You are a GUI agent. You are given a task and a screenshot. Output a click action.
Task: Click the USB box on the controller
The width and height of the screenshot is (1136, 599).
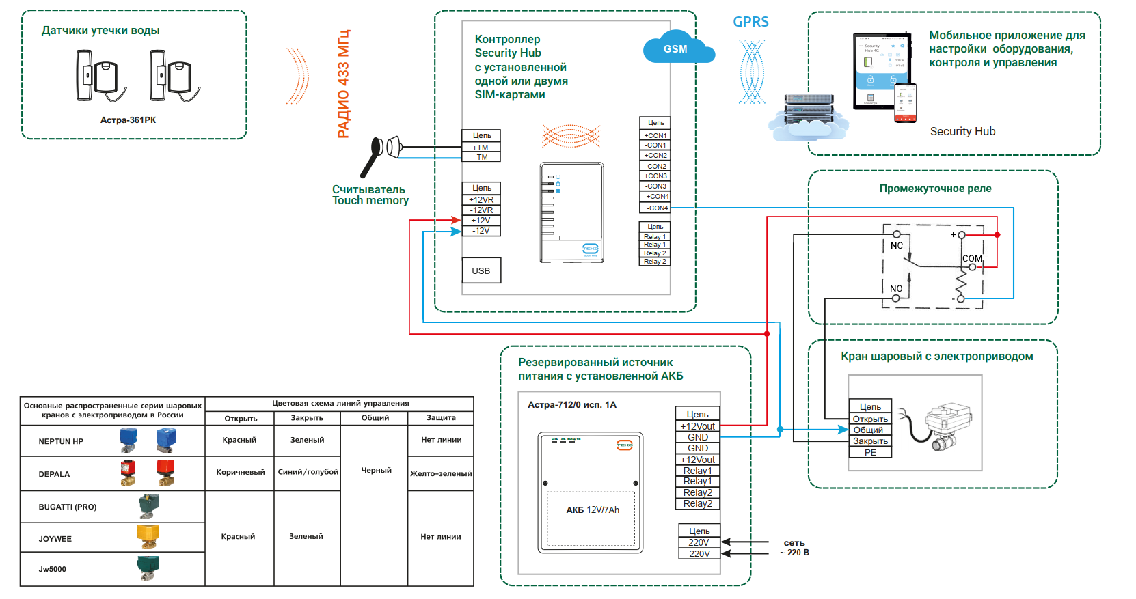coord(481,270)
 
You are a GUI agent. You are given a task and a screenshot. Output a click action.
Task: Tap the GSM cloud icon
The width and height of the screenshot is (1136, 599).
coord(677,48)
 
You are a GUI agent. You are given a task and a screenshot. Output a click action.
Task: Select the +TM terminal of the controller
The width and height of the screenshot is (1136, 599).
coord(481,148)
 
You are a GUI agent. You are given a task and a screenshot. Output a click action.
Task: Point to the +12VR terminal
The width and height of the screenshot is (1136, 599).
coord(481,200)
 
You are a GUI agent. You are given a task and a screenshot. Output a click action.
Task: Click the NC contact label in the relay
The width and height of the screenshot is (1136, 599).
coord(897,246)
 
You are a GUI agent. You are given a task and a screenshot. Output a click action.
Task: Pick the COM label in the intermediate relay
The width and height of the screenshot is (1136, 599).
coord(972,259)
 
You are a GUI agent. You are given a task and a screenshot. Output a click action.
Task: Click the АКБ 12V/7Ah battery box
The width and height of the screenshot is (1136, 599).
coord(592,510)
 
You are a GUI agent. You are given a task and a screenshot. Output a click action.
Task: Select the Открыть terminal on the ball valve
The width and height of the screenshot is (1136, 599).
coord(870,419)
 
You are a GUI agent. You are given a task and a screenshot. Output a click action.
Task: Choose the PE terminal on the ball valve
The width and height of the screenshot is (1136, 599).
coord(870,452)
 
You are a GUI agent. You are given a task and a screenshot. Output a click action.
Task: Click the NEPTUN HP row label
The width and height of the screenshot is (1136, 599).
coord(61,441)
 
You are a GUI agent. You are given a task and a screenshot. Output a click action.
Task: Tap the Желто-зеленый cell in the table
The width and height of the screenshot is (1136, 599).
coord(441,473)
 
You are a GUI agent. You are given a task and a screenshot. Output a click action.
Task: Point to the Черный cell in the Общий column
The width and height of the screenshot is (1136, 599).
coord(376,470)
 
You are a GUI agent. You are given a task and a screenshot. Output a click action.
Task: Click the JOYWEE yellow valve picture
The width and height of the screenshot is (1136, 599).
coord(148,536)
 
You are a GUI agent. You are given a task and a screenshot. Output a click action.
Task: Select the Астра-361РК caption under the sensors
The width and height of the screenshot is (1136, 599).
coord(128,120)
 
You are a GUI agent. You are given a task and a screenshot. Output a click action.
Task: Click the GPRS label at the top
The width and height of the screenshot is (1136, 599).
coord(750,22)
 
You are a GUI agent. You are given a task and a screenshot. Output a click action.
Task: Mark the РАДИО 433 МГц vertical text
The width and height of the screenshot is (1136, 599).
coord(343,83)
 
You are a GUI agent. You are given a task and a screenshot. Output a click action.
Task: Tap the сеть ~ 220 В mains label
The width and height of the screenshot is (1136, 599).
coord(794,548)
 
